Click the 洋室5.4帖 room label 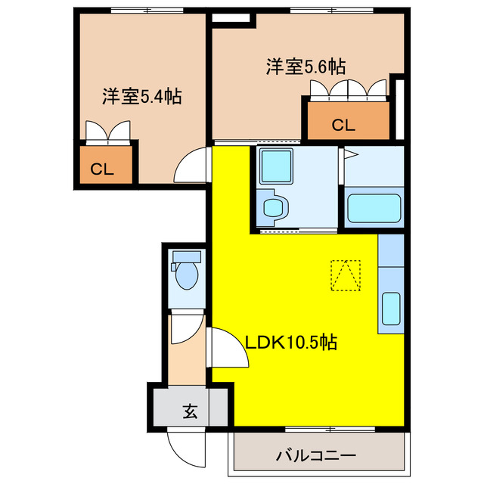click(x=141, y=97)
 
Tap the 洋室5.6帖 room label click(x=306, y=67)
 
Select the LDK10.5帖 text click(x=290, y=343)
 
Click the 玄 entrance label click(x=190, y=412)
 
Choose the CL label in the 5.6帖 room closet click(x=343, y=126)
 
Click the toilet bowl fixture click(x=185, y=275)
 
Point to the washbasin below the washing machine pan click(x=271, y=207)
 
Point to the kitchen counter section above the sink click(x=392, y=250)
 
